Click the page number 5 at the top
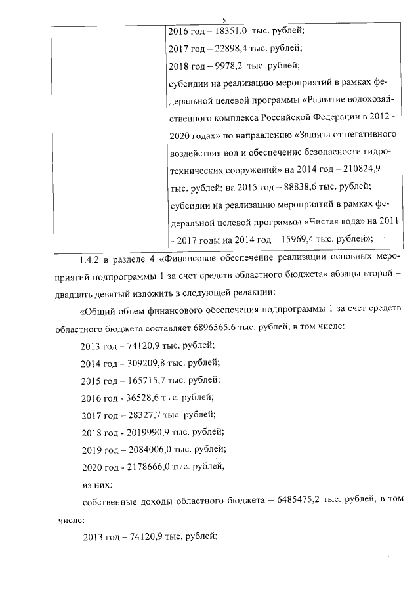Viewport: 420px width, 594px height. coord(224,20)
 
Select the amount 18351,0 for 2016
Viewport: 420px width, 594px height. coord(227,31)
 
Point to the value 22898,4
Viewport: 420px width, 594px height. coord(226,48)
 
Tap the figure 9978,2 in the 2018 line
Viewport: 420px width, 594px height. coord(225,65)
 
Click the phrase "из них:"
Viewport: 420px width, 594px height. coord(96,484)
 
